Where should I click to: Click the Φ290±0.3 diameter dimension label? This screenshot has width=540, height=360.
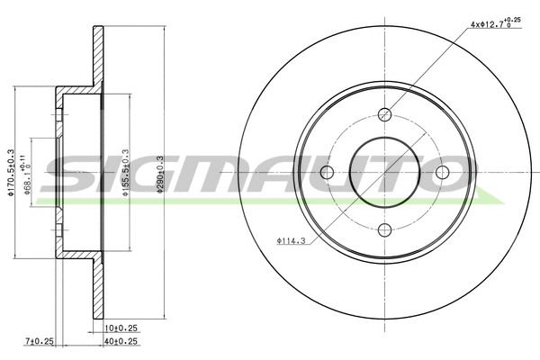point(160,172)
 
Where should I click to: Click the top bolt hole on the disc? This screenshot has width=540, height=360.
point(385,114)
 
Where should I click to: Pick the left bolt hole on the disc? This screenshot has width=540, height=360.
point(328,172)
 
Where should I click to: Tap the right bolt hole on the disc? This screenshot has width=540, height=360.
point(442,172)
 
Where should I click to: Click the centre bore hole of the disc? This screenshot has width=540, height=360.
point(385,172)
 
